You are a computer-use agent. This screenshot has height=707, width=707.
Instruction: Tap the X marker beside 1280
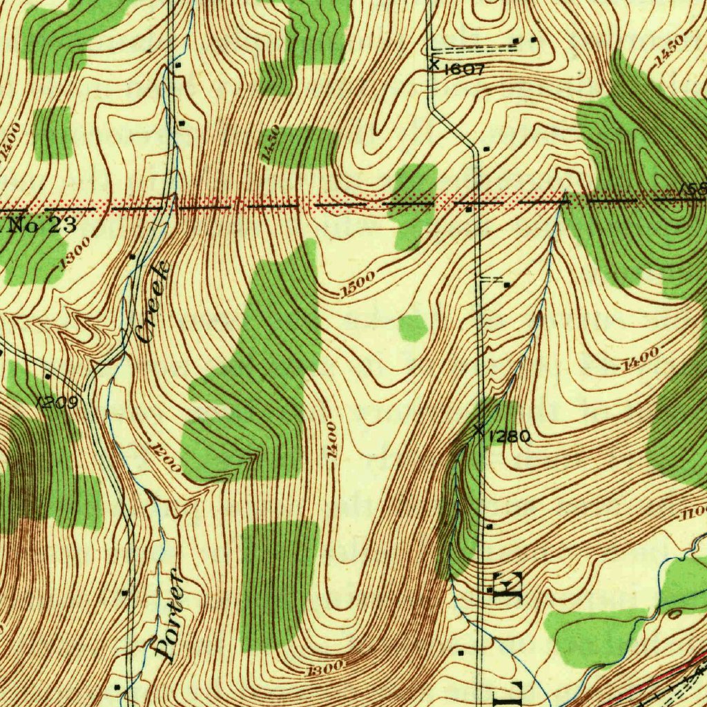(x=478, y=431)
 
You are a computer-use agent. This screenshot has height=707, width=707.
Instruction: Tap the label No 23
(x=42, y=225)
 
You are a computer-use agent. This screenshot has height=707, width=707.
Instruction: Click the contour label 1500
(x=358, y=284)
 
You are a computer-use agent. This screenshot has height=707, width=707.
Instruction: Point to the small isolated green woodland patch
(x=413, y=327)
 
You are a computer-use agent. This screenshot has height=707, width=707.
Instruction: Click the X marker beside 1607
(x=434, y=65)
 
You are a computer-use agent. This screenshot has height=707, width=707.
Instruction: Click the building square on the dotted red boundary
(x=469, y=209)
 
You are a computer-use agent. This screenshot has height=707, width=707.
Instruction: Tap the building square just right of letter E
(x=490, y=590)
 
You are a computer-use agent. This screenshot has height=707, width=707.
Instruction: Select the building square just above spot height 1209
(x=47, y=376)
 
